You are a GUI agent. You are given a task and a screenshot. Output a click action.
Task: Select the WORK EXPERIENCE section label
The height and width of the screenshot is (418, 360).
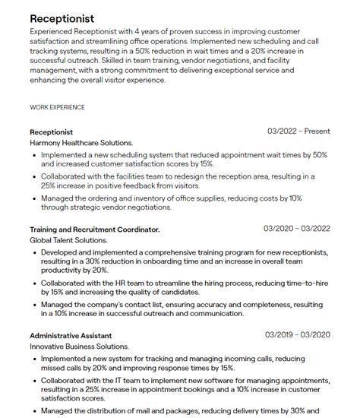[x=57, y=107]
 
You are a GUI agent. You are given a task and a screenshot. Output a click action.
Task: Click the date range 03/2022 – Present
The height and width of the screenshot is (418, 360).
[x=298, y=131]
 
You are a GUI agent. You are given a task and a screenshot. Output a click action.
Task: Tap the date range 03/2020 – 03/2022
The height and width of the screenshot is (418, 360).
[x=296, y=228]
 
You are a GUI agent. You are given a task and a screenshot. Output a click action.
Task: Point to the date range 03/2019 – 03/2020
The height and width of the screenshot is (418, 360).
[x=297, y=334]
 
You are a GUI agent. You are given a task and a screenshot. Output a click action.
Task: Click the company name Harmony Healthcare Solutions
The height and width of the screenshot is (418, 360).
[x=81, y=142]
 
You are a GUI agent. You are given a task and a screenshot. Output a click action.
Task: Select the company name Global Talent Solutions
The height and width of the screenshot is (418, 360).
[x=69, y=239]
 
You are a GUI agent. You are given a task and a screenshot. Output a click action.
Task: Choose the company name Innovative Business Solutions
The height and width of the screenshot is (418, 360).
[x=80, y=346]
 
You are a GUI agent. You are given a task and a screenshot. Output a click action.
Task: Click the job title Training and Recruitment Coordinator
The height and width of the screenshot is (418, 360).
[x=94, y=229]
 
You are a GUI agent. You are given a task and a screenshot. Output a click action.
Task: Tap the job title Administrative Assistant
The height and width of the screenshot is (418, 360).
[x=71, y=335]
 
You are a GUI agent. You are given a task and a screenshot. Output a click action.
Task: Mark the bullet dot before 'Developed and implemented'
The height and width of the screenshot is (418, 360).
[x=34, y=252]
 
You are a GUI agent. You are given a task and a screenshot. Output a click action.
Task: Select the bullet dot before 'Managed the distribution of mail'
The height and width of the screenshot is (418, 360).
[x=34, y=411]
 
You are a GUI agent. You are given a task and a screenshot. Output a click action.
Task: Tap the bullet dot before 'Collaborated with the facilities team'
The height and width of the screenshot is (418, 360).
[x=34, y=176]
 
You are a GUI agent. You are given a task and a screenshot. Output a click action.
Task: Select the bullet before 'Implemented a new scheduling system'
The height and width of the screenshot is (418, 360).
[x=34, y=154]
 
